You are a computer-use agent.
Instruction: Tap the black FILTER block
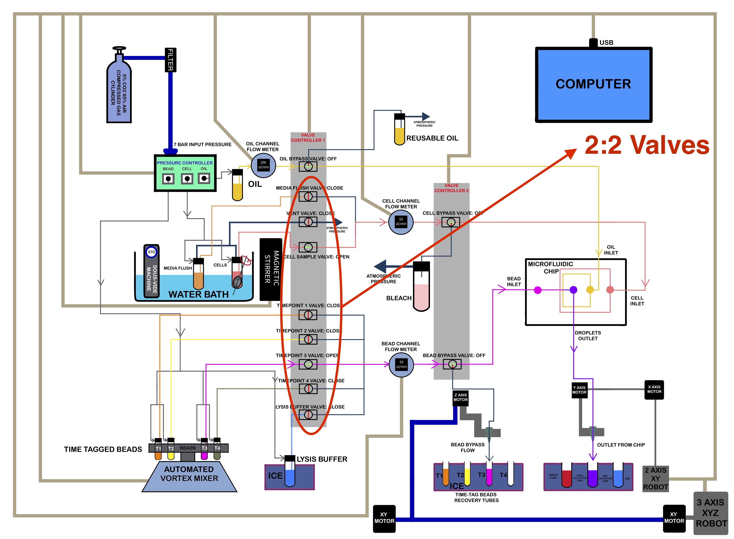coord(170,60)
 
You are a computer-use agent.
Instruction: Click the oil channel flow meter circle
coord(263,165)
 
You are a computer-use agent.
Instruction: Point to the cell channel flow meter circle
coord(401,222)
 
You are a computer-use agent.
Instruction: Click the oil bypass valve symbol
coord(308,166)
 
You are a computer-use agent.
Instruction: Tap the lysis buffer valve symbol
coord(308,415)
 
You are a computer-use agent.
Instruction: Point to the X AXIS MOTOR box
coord(654,390)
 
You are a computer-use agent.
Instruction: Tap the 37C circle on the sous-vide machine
coord(151,252)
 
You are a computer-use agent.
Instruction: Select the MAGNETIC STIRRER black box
coord(270,269)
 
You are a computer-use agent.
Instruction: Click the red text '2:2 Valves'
coord(647,145)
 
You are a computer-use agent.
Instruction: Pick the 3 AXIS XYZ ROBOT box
coord(710,513)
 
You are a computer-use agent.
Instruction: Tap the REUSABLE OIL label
coord(432,138)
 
